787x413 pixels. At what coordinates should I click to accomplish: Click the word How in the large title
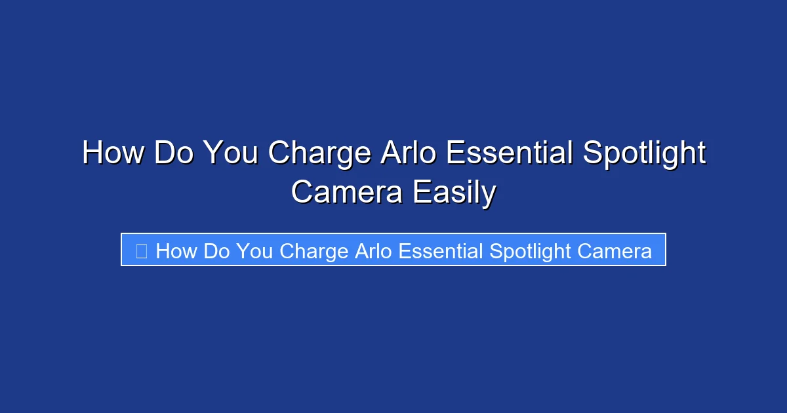click(114, 154)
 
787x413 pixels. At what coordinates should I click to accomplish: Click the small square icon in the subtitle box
click(141, 251)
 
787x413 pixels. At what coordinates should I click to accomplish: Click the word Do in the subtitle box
click(217, 251)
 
